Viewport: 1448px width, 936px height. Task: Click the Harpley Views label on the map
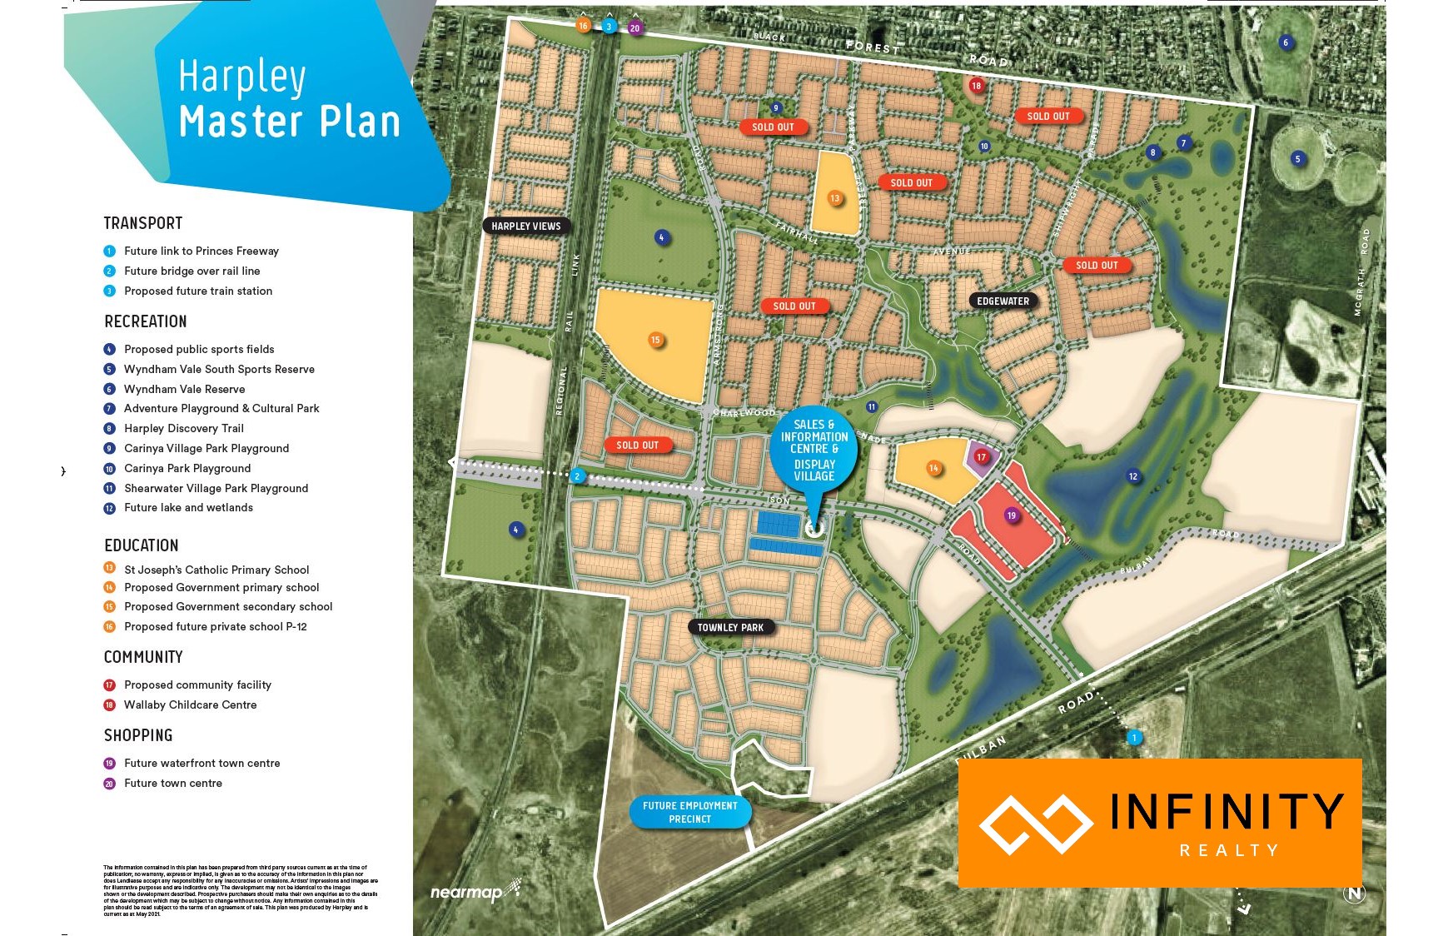[x=525, y=226]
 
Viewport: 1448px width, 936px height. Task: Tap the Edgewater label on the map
[x=1003, y=301]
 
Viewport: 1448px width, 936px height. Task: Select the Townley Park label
[x=730, y=627]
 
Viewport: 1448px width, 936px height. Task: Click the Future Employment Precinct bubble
[x=689, y=812]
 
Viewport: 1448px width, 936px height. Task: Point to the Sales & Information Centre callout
[x=814, y=451]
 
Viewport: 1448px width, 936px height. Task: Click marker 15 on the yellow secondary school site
[x=656, y=340]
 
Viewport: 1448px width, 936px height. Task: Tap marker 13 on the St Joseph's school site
[x=834, y=197]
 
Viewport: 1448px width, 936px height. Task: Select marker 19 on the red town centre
[x=1012, y=515]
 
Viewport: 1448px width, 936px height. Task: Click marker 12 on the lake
[x=1132, y=476]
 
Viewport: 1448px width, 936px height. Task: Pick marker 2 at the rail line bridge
[x=577, y=476]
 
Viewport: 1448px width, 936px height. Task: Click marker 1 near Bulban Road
[x=1133, y=737]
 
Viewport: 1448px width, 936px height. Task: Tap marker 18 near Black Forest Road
[x=977, y=85]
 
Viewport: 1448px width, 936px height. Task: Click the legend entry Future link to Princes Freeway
[x=201, y=251]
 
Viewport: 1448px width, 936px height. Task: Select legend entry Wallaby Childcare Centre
[x=190, y=704]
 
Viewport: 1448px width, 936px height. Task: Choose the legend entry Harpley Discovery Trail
[x=183, y=428]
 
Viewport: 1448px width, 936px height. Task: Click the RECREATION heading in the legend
[x=146, y=321]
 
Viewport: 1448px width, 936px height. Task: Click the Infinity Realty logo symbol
[x=1035, y=824]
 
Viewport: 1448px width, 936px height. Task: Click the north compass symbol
[x=1354, y=894]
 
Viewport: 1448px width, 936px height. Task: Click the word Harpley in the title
[x=241, y=77]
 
